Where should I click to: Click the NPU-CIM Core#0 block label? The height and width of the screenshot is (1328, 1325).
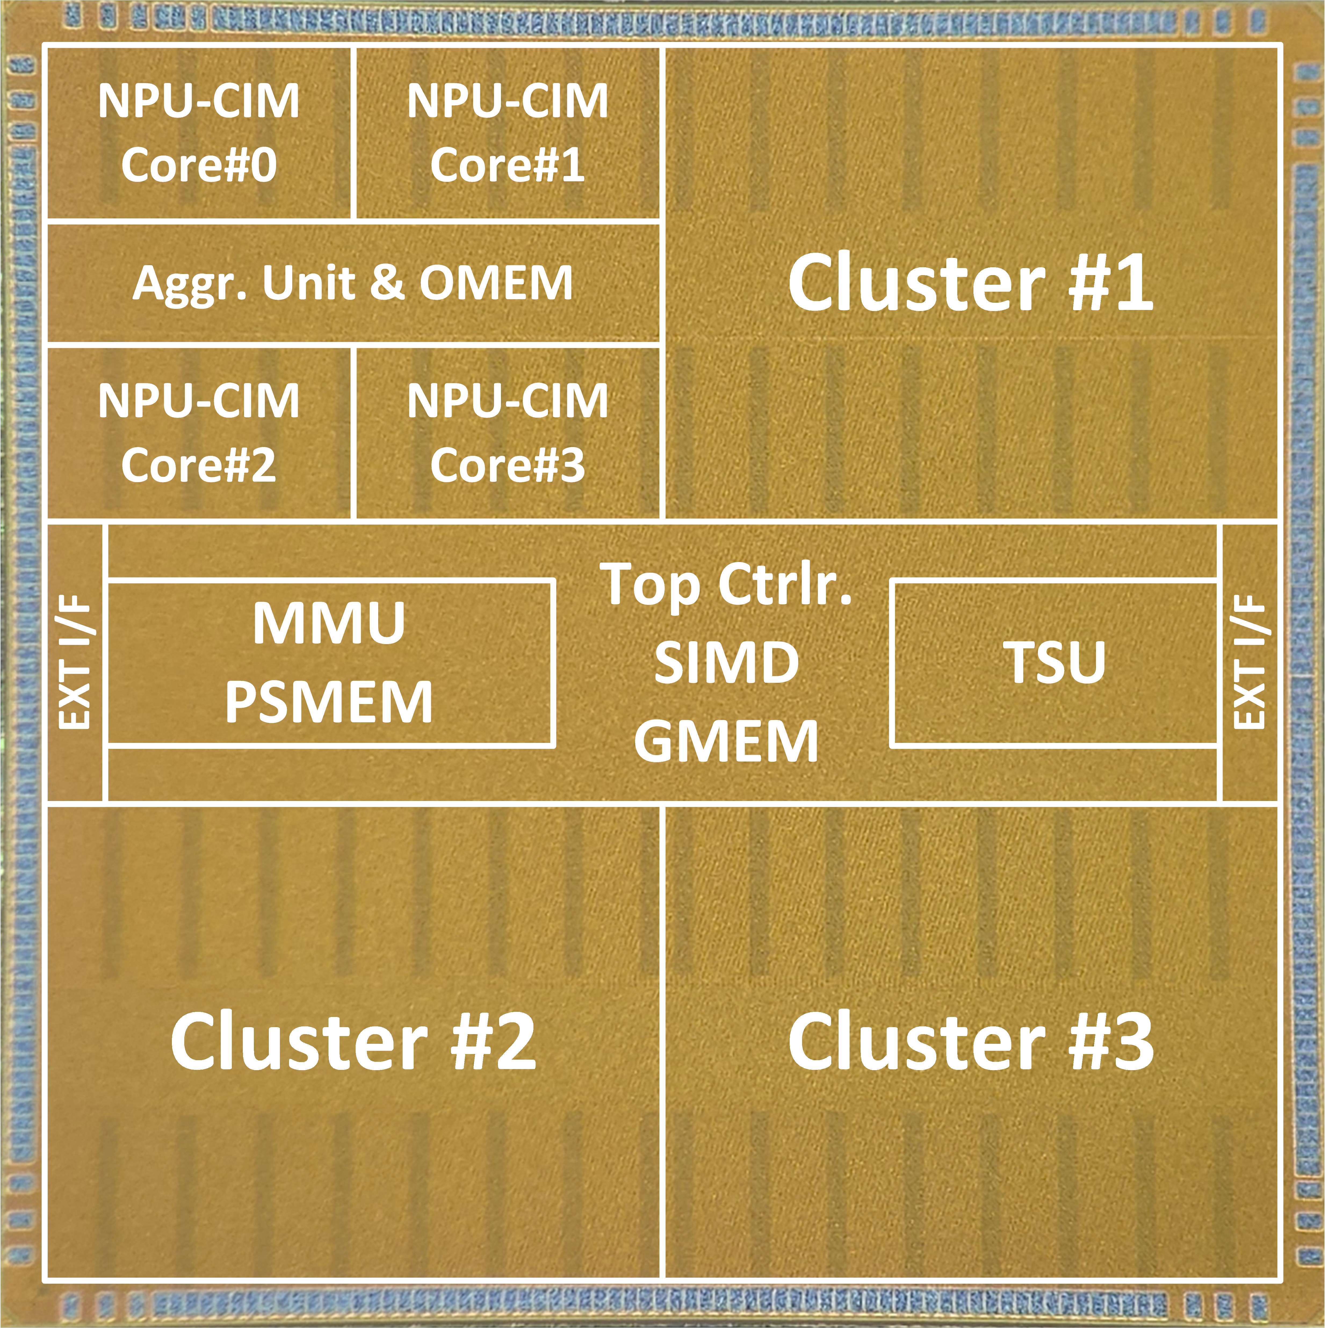pyautogui.click(x=198, y=133)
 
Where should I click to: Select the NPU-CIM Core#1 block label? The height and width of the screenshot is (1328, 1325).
pyautogui.click(x=507, y=133)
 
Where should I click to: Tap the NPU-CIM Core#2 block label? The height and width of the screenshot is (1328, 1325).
pyautogui.click(x=198, y=432)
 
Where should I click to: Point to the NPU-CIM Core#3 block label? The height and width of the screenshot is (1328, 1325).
pyautogui.click(x=507, y=432)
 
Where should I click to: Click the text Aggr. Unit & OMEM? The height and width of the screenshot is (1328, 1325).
pyautogui.click(x=353, y=283)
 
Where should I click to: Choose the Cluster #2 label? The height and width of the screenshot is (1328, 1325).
pyautogui.click(x=353, y=1041)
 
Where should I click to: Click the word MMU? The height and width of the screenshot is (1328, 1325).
pyautogui.click(x=329, y=623)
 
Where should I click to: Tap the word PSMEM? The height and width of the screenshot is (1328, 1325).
pyautogui.click(x=329, y=702)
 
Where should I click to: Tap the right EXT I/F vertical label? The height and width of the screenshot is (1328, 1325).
pyautogui.click(x=1250, y=663)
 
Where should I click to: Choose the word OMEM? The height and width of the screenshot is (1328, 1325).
pyautogui.click(x=496, y=283)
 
